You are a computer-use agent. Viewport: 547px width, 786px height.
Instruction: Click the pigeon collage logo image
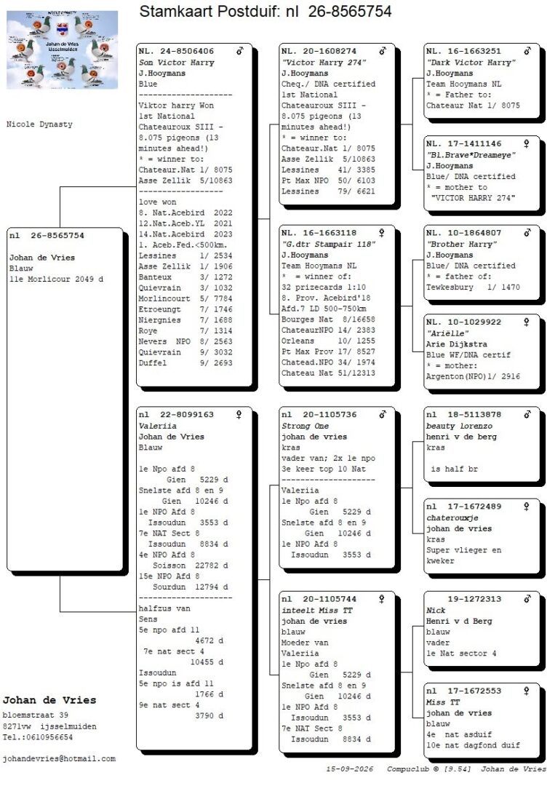coord(62,49)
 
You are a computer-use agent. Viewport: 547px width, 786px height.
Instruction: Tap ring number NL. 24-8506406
coord(176,51)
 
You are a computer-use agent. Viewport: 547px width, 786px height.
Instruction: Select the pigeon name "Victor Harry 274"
coord(324,62)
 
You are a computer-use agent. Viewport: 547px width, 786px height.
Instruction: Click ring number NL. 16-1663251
coord(463,51)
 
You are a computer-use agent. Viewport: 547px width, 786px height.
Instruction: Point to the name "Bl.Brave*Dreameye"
coord(471,155)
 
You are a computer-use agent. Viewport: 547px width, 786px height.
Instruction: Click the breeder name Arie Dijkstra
coord(456,344)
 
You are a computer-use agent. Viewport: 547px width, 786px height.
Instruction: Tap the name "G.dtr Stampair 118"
coord(328,244)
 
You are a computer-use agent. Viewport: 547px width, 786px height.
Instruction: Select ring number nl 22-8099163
coord(176,415)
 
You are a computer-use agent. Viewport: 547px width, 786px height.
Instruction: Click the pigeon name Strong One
coord(305,426)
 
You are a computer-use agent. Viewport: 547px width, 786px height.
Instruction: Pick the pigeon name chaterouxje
coord(452,518)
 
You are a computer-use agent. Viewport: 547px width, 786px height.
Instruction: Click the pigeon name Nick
coord(436,610)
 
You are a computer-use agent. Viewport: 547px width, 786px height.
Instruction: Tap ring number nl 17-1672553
coord(463,691)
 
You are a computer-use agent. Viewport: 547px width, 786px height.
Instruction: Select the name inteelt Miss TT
coord(317,610)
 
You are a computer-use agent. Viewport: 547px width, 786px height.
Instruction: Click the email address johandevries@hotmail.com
coord(59,758)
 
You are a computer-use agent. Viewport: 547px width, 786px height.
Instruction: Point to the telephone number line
coord(38,737)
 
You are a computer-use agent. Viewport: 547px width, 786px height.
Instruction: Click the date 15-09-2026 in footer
coord(350,769)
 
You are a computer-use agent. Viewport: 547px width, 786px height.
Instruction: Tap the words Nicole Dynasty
coord(39,124)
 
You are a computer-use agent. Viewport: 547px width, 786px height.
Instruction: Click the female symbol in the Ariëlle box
coord(527,322)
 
